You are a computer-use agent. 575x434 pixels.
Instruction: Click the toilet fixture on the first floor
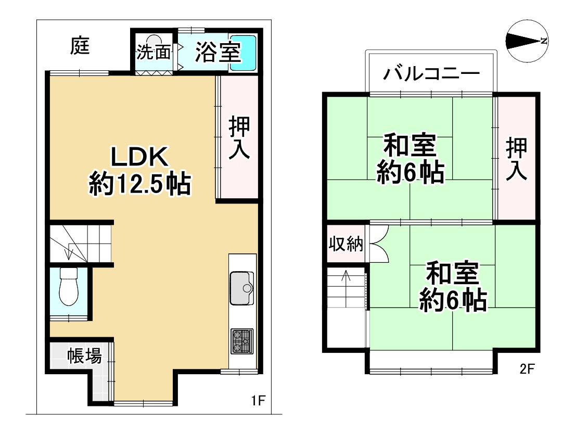tap(68, 287)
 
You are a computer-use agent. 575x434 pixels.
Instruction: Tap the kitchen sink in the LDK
tap(242, 289)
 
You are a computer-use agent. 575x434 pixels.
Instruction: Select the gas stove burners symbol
tap(242, 341)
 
